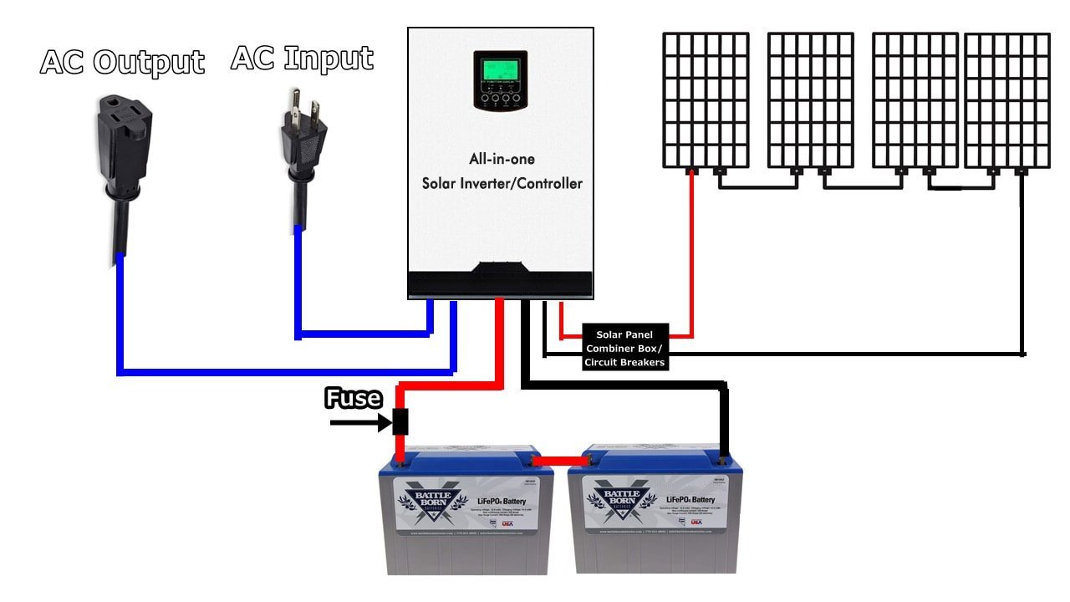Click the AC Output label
pos(122,63)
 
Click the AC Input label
pos(302,59)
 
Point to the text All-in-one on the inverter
pos(502,159)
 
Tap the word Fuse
pos(354,398)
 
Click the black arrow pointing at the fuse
pos(359,423)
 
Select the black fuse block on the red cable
pos(400,422)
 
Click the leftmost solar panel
pos(706,100)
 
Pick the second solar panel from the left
pos(810,100)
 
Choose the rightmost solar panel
pos(1006,100)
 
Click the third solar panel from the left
pos(915,100)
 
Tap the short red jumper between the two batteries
pos(561,461)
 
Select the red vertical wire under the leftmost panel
pos(691,251)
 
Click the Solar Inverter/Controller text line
pos(502,183)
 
